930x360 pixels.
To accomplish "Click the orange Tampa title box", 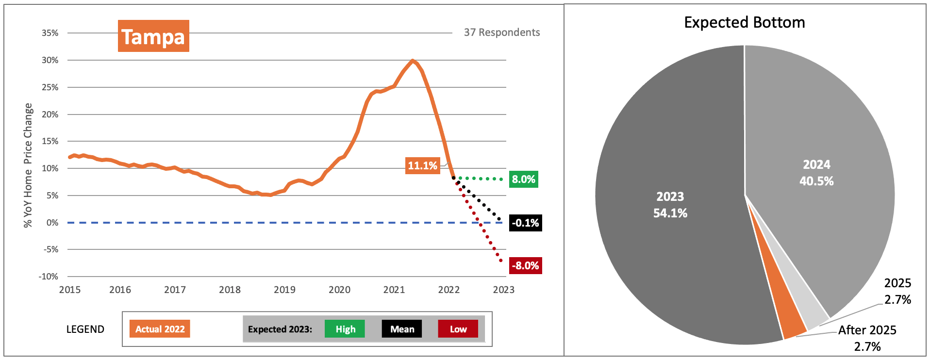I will pos(153,36).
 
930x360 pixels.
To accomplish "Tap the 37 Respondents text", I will pos(501,33).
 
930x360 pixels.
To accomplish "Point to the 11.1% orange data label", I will pos(422,165).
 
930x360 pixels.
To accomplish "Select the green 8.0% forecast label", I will pos(523,180).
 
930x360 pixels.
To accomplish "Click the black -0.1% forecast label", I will pos(525,223).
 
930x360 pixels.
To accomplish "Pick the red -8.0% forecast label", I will pos(525,266).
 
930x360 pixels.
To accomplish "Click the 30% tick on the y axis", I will pos(50,60).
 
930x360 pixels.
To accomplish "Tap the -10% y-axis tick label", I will pos(49,277).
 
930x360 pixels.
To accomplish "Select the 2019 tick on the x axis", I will pos(284,290).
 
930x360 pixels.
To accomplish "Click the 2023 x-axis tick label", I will pos(503,290).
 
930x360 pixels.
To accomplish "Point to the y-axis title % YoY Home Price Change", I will pos(28,165).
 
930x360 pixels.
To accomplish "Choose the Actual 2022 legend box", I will pos(160,329).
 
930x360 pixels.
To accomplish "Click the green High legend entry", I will pos(345,329).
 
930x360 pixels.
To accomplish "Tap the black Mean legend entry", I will pos(402,329).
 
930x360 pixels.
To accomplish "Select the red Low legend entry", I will pos(458,329).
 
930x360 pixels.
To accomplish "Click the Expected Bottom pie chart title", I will pos(744,22).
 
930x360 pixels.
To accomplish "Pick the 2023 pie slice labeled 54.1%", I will pos(670,205).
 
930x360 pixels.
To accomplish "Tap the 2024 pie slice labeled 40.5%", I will pos(816,173).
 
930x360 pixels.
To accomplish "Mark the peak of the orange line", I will pos(413,61).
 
